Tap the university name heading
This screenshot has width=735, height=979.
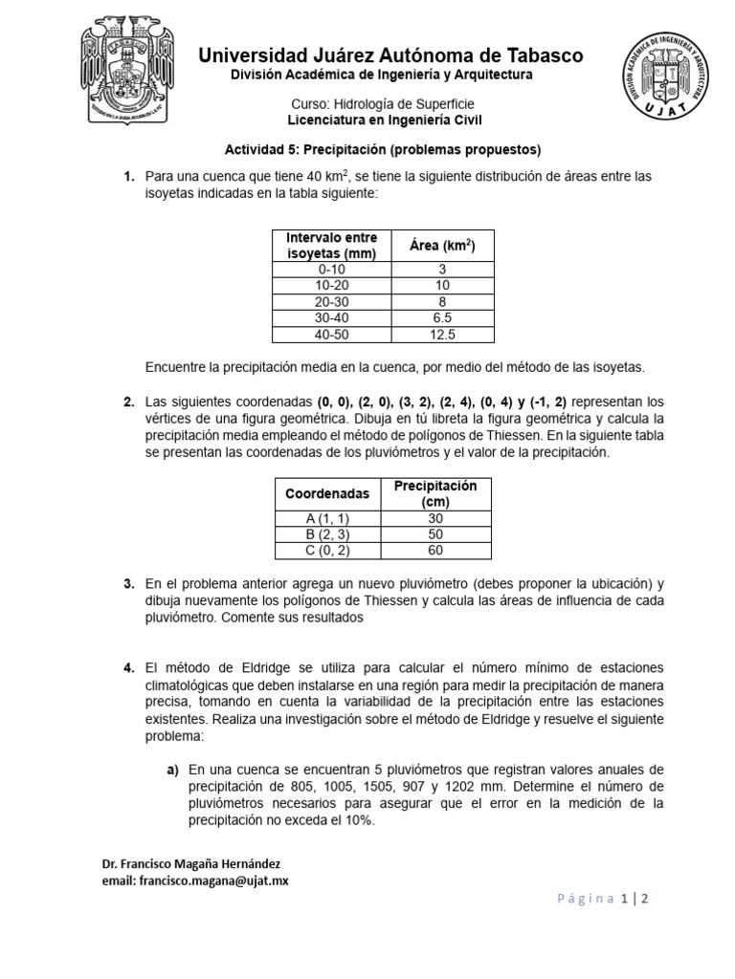point(390,55)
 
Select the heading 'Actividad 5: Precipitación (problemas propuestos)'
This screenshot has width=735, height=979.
point(382,150)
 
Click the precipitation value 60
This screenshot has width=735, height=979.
point(435,550)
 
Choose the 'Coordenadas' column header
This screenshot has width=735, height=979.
point(326,494)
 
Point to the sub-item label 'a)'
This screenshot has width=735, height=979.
point(173,769)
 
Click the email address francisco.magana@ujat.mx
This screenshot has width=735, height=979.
point(195,881)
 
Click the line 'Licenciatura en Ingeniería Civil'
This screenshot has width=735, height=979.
point(386,120)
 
